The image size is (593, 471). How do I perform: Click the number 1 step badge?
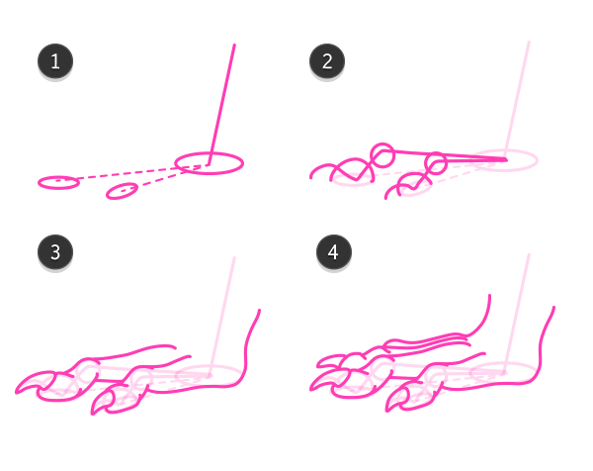pyautogui.click(x=55, y=61)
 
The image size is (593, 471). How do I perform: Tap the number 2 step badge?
pyautogui.click(x=327, y=61)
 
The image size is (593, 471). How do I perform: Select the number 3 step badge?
pyautogui.click(x=55, y=252)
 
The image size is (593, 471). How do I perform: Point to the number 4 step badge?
pyautogui.click(x=334, y=252)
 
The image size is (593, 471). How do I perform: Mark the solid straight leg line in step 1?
pyautogui.click(x=221, y=105)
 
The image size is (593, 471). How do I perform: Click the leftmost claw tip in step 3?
pyautogui.click(x=16, y=392)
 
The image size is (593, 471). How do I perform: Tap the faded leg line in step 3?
pyautogui.click(x=222, y=317)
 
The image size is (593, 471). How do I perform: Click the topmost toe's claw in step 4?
pyautogui.click(x=330, y=361)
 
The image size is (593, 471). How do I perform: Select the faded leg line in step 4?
pyautogui.click(x=517, y=314)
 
